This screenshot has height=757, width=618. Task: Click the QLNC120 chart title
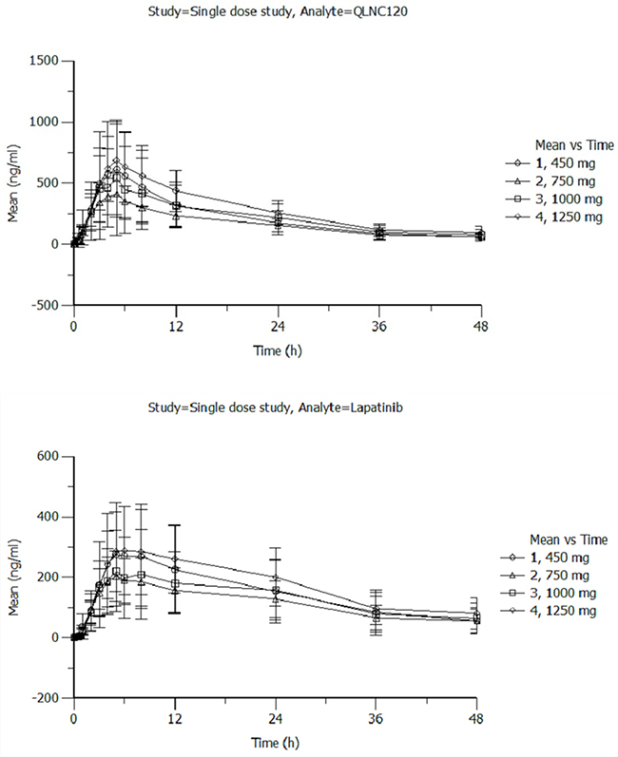pyautogui.click(x=278, y=11)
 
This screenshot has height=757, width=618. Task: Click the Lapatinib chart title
pyautogui.click(x=275, y=408)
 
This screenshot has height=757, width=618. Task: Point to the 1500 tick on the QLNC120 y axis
pyautogui.click(x=44, y=61)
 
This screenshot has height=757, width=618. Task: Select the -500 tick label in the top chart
pyautogui.click(x=44, y=305)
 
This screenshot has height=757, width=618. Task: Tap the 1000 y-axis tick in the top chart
pyautogui.click(x=44, y=123)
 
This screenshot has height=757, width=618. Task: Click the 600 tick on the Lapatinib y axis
pyautogui.click(x=48, y=456)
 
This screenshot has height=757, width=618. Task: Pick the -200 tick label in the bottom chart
pyautogui.click(x=45, y=698)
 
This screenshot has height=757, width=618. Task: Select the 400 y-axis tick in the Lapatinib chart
pyautogui.click(x=48, y=517)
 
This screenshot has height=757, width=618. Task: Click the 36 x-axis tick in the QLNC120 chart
pyautogui.click(x=379, y=327)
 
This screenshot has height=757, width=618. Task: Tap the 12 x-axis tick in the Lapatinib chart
pyautogui.click(x=175, y=719)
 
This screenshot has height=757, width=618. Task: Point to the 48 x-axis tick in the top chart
pyautogui.click(x=481, y=327)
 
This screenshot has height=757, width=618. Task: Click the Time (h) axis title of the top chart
pyautogui.click(x=278, y=350)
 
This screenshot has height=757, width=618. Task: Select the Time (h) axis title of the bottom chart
pyautogui.click(x=275, y=743)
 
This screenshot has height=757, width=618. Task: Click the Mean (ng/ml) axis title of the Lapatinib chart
pyautogui.click(x=13, y=577)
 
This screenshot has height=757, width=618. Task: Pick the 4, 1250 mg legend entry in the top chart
pyautogui.click(x=553, y=218)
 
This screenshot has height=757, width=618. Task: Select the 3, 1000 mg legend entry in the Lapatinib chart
pyautogui.click(x=548, y=594)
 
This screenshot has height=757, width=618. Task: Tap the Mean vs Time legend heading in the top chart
pyautogui.click(x=574, y=145)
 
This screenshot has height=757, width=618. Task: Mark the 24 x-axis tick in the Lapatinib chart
pyautogui.click(x=275, y=719)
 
